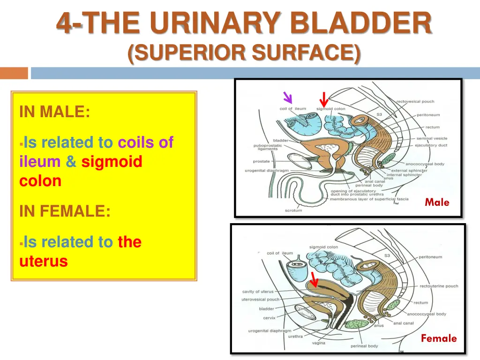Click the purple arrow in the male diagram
click(x=287, y=97)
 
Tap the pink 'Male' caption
click(x=437, y=202)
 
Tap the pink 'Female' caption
click(x=438, y=338)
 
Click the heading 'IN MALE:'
click(x=55, y=112)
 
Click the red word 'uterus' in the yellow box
click(x=44, y=261)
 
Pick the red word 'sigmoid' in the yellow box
click(x=112, y=162)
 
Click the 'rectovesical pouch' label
click(x=415, y=101)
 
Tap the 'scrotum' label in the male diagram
click(x=293, y=210)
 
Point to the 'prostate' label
click(x=262, y=162)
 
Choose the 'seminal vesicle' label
click(x=431, y=138)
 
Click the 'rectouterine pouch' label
click(x=439, y=286)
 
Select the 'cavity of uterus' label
click(x=258, y=292)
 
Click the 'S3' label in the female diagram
click(x=387, y=255)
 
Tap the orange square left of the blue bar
click(x=14, y=73)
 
